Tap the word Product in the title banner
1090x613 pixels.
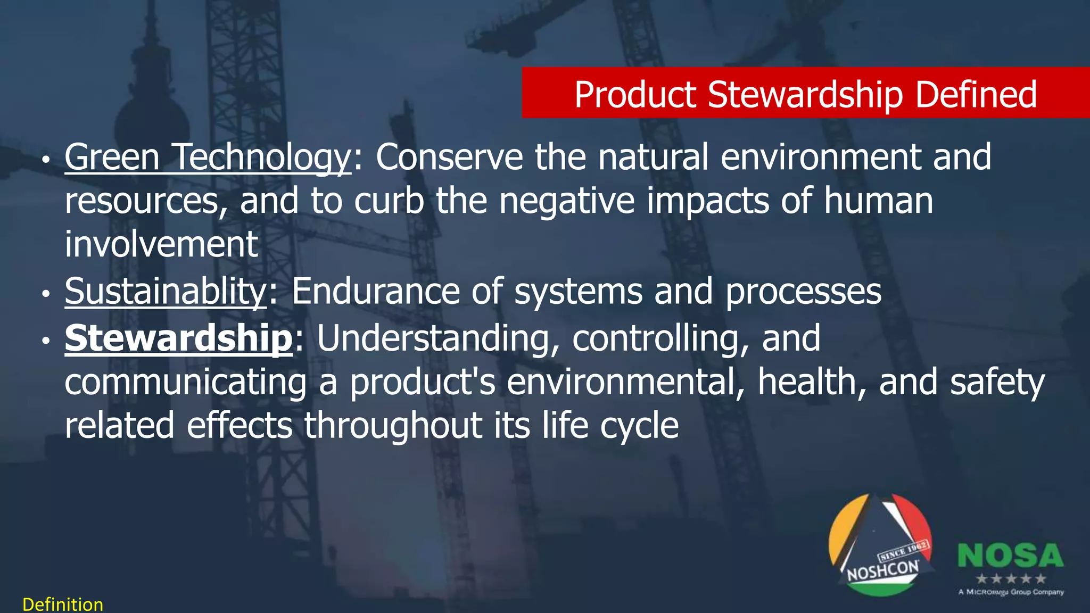[635, 94]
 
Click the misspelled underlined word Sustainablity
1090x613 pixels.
[165, 291]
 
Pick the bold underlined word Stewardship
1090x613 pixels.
[178, 338]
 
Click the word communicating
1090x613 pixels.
[185, 382]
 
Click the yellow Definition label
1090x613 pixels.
[63, 604]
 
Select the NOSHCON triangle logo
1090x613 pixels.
[881, 545]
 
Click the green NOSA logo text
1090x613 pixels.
[1010, 556]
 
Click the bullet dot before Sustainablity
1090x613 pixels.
[46, 293]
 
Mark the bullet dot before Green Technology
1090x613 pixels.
[46, 159]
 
